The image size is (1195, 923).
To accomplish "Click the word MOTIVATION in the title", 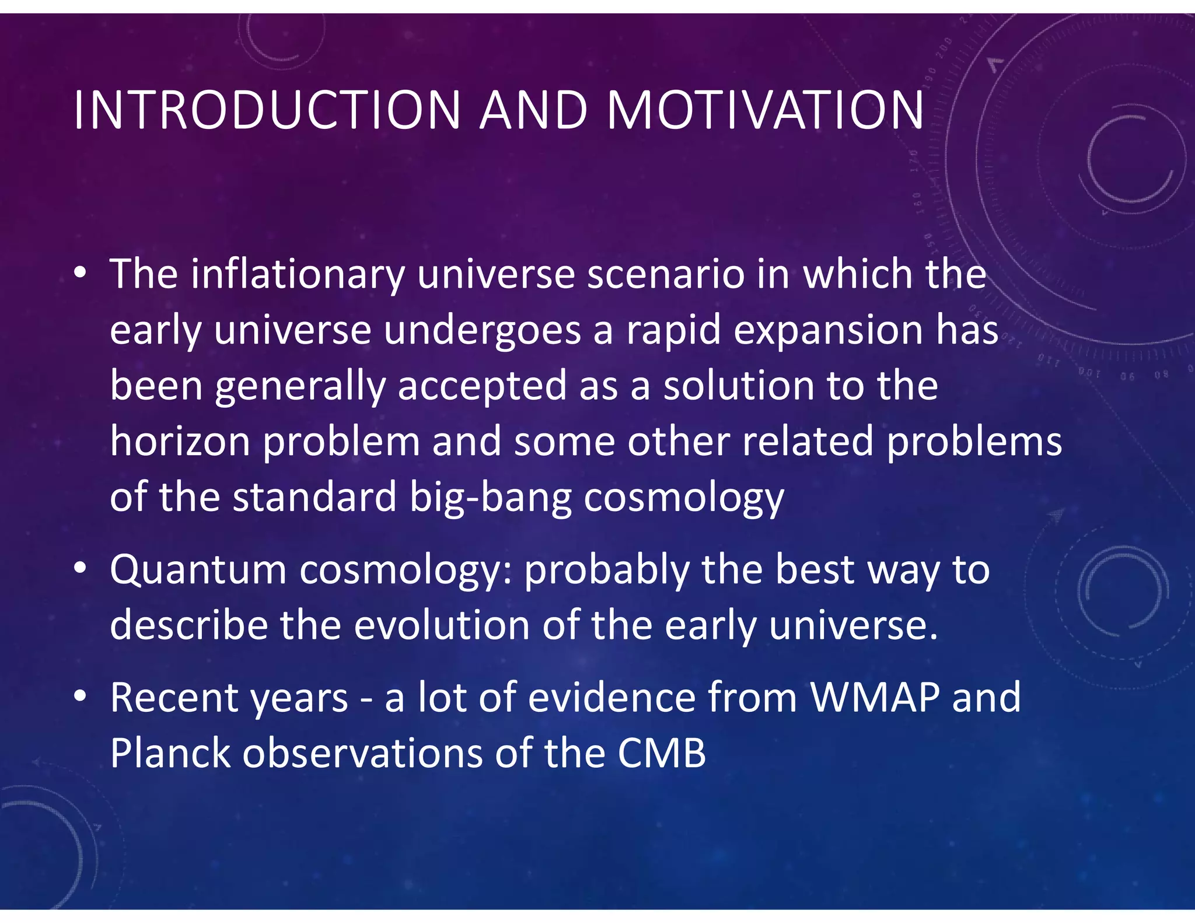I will (766, 110).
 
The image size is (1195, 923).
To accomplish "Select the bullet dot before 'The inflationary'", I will (81, 272).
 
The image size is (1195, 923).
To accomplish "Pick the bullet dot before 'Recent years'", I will (81, 695).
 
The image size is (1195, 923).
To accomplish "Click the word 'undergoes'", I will (482, 330).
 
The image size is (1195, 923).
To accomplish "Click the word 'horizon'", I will (180, 441).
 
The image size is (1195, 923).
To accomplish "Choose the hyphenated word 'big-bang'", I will (490, 498).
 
